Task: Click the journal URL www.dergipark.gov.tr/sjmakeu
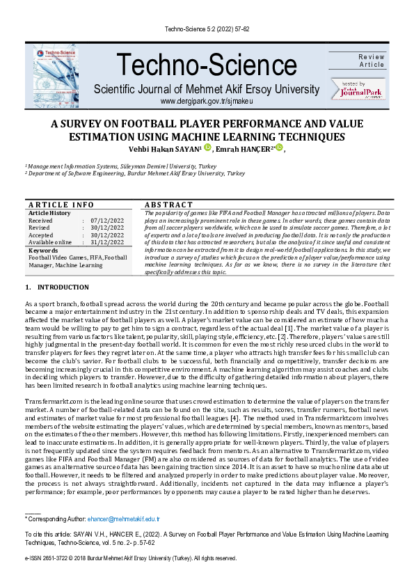coord(207,102)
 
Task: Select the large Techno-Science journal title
coord(207,66)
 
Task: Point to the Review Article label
coord(371,61)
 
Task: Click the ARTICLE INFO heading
coord(61,205)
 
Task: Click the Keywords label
coord(43,250)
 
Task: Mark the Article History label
coord(49,213)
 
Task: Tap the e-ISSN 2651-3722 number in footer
coord(49,558)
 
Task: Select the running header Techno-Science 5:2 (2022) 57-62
coord(207,29)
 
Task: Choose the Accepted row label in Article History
coord(40,235)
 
